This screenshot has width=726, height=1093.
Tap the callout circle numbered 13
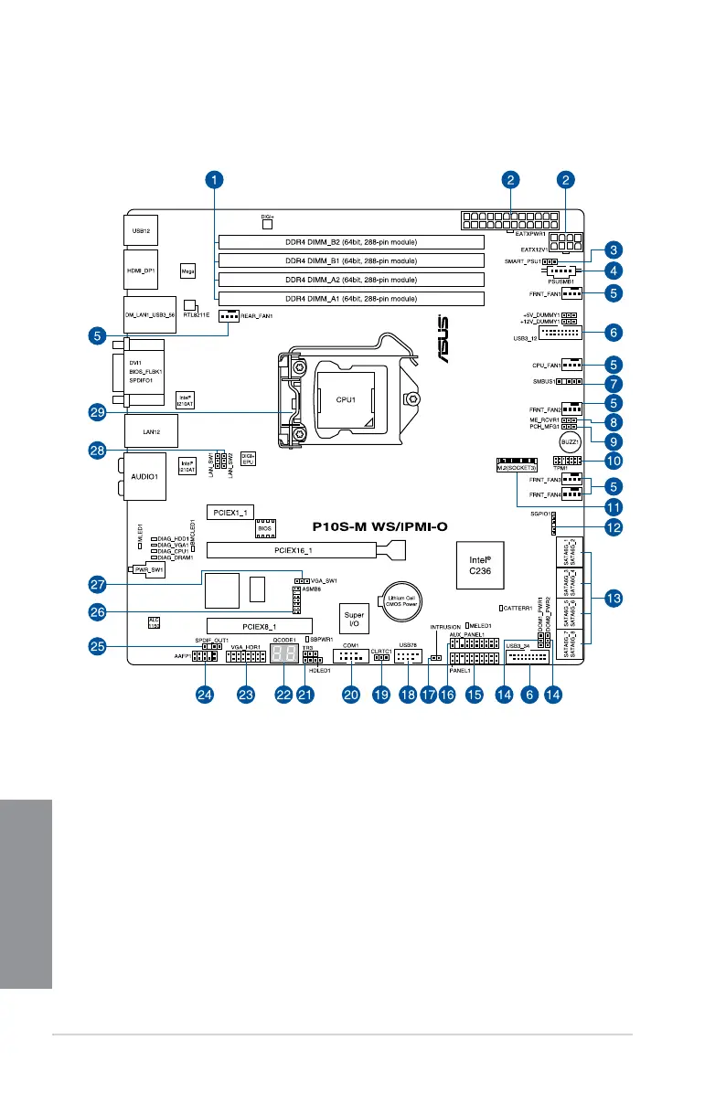coord(614,598)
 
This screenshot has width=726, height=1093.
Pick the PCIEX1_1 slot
coord(227,512)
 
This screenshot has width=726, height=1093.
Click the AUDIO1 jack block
coord(143,476)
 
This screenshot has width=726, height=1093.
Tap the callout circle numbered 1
coord(213,180)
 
